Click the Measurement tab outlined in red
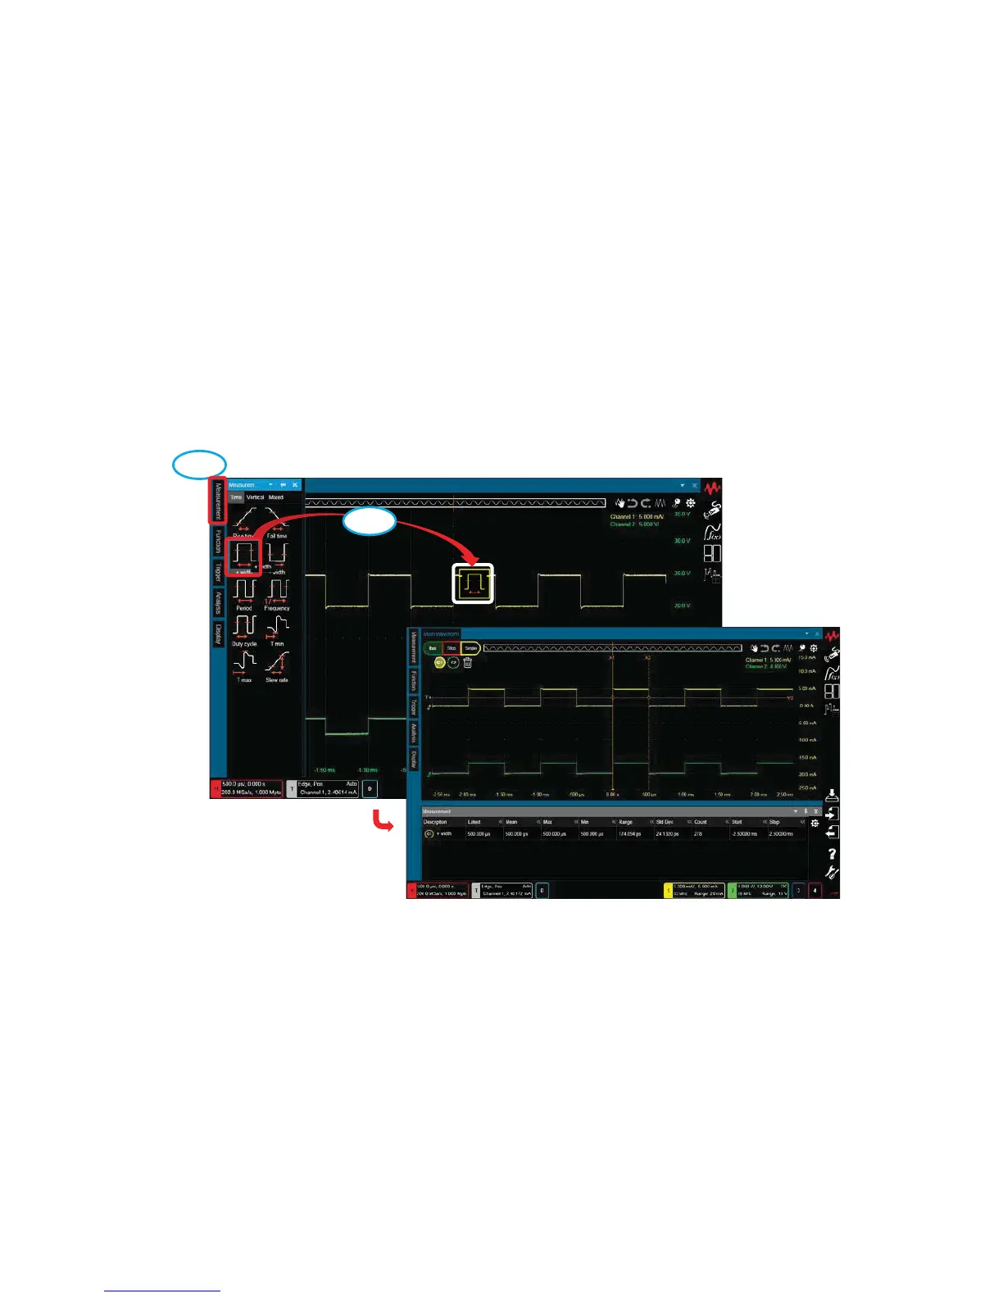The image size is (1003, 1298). (217, 501)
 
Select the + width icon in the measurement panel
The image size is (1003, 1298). (244, 556)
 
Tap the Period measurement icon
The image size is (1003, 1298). (244, 592)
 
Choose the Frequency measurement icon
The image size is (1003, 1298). (277, 592)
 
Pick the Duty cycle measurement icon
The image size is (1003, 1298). (244, 628)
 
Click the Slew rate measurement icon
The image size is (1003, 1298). (277, 664)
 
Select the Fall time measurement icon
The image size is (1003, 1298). (277, 520)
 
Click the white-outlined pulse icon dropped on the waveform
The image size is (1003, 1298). (473, 583)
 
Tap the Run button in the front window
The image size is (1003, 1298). (433, 648)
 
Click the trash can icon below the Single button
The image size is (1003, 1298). (468, 662)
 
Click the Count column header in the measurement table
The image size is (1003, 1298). (701, 822)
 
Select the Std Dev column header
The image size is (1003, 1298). (665, 822)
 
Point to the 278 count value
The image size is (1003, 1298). (698, 834)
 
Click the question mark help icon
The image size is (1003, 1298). (832, 854)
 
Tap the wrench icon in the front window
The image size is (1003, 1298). (832, 873)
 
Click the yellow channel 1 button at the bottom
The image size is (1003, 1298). (668, 890)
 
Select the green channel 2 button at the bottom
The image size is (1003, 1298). (733, 890)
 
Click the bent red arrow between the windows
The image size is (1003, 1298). (382, 820)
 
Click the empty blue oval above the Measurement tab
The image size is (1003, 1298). (199, 464)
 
